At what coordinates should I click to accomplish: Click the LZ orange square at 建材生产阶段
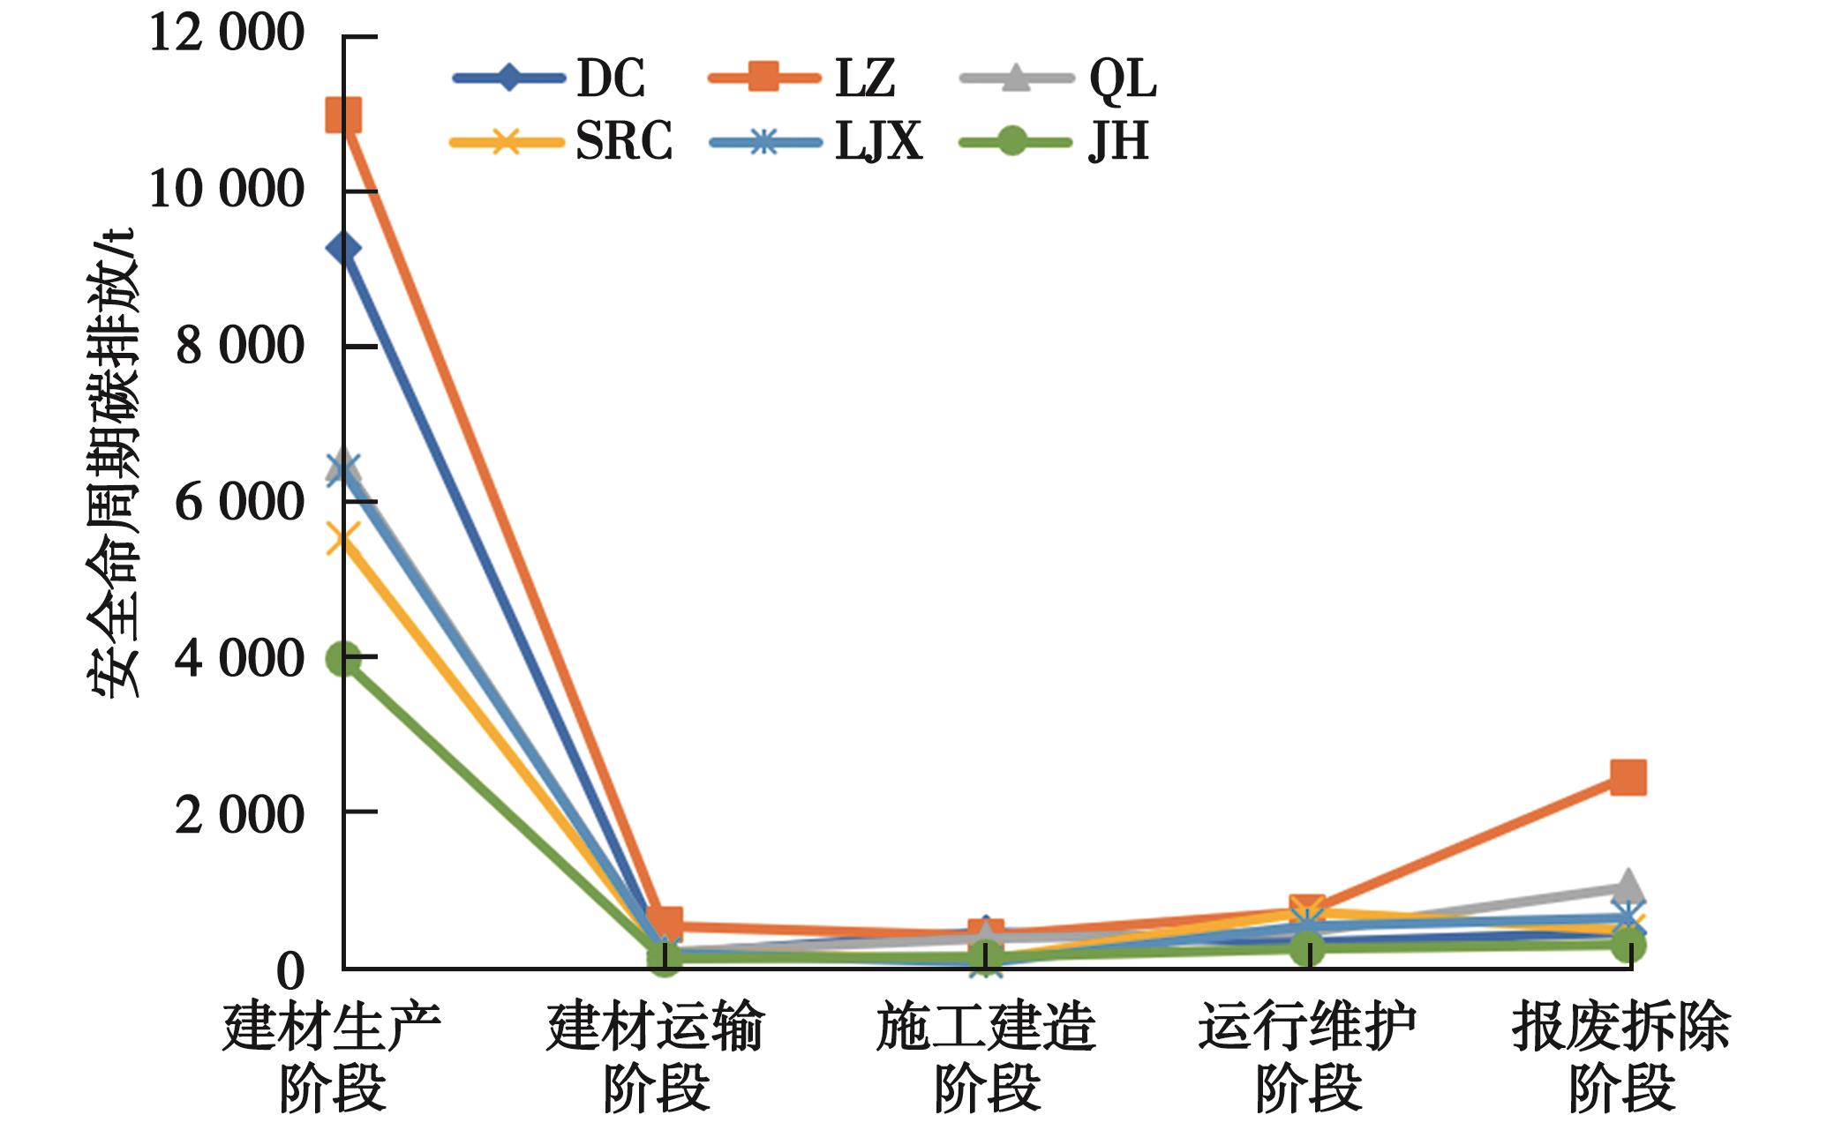[343, 115]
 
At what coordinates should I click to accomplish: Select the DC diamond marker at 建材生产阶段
[343, 249]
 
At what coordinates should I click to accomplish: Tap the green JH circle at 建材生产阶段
[343, 658]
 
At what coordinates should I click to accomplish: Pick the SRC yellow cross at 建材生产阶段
[343, 539]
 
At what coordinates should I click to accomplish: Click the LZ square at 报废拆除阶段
[1628, 777]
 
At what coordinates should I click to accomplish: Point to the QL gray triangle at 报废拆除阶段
[1628, 887]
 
